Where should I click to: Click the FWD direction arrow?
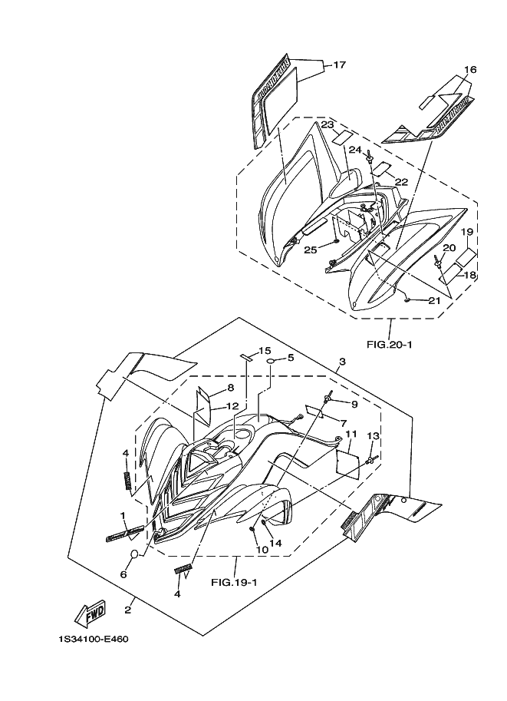(x=91, y=612)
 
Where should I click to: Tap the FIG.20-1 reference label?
(x=389, y=345)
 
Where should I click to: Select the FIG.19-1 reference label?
(x=234, y=581)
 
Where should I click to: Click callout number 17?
(x=339, y=65)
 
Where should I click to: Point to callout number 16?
(x=470, y=70)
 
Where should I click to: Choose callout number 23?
(x=328, y=124)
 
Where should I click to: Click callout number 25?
(x=310, y=249)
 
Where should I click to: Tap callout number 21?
(x=434, y=300)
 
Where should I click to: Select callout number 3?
(x=342, y=362)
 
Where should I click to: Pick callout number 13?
(x=373, y=436)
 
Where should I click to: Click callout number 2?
(x=127, y=610)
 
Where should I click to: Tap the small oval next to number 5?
(x=272, y=359)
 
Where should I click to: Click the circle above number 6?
(x=133, y=554)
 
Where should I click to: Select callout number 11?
(x=351, y=434)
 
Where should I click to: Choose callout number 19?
(x=466, y=231)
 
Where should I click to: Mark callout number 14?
(x=275, y=543)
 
